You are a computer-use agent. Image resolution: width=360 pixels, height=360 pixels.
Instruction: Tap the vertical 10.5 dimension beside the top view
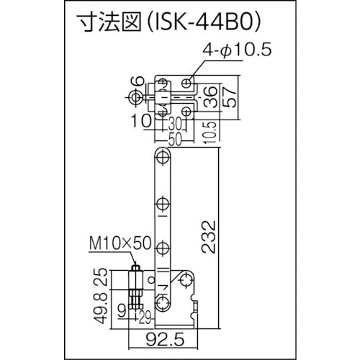click(x=207, y=132)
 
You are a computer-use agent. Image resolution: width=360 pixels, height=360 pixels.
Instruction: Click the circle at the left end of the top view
click(x=135, y=96)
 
